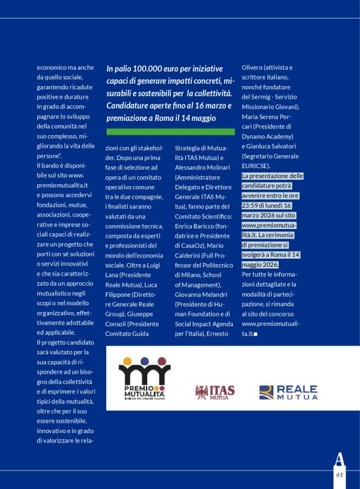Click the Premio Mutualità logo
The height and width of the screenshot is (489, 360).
[145, 384]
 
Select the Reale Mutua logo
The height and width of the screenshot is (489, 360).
[288, 392]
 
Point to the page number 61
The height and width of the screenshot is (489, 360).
[340, 474]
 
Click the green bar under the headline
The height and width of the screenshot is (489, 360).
[171, 132]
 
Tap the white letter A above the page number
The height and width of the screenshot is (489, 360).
[339, 459]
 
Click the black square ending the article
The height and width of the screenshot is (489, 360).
[255, 334]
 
